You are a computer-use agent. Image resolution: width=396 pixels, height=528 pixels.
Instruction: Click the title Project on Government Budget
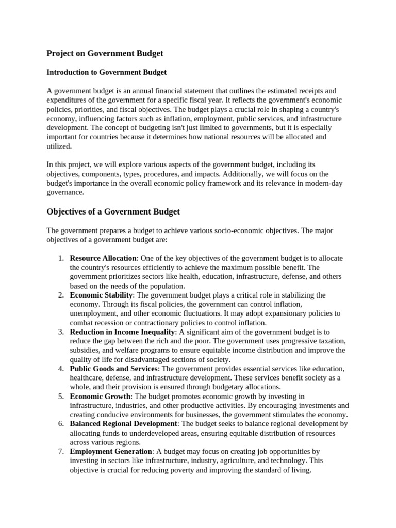click(x=105, y=53)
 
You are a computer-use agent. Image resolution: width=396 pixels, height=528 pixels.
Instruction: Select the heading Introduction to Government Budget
click(x=107, y=72)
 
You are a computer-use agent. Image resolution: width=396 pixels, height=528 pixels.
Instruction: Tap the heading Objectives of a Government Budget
click(x=113, y=212)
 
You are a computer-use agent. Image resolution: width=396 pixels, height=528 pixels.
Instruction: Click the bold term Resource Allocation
click(x=103, y=258)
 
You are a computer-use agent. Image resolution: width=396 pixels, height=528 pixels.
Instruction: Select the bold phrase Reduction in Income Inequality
click(x=123, y=332)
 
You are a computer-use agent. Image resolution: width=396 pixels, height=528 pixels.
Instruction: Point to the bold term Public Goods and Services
click(x=113, y=369)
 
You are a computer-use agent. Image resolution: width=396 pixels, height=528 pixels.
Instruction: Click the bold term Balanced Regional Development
click(x=123, y=424)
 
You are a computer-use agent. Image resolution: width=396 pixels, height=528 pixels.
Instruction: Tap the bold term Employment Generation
click(x=111, y=452)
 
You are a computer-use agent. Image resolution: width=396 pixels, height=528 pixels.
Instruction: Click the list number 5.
click(x=60, y=397)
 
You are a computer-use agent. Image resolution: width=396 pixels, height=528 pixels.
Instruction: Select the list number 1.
click(x=60, y=258)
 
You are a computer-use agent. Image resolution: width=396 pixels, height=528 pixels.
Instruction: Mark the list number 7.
click(x=60, y=452)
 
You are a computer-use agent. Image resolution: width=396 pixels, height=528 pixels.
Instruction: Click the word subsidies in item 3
click(x=85, y=351)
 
